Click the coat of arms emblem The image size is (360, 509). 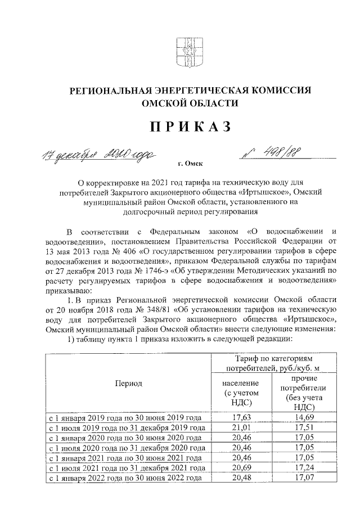(182, 52)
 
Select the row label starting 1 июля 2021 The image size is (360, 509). (127, 468)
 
